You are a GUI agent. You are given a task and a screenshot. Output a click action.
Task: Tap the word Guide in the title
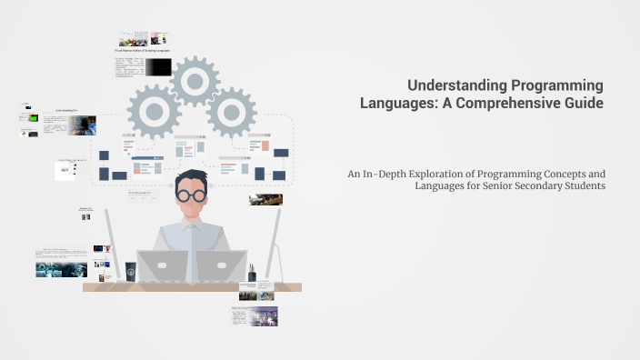pos(585,103)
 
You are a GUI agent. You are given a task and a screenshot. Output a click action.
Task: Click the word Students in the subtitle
pos(581,186)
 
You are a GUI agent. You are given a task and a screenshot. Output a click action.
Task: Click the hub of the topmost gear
pos(195,81)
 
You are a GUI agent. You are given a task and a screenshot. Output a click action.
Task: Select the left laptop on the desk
pos(162,266)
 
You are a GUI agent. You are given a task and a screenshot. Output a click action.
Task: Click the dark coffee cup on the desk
pos(131,271)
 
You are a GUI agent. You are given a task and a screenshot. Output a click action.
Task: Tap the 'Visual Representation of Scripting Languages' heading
pos(143,50)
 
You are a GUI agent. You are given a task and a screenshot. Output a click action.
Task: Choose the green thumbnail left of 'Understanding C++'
pos(35,118)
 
